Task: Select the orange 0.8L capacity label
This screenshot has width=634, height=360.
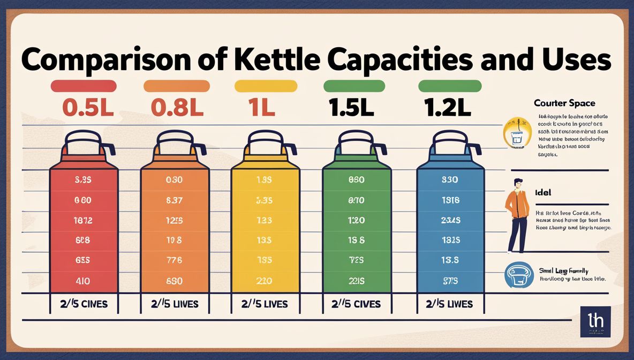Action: coord(177,108)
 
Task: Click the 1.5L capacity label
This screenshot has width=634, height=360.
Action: coord(351,108)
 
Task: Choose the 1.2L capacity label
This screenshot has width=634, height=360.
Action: coord(447,108)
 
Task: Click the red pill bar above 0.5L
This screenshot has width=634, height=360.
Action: coord(83,86)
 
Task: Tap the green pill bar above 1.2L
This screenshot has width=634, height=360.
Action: coord(450,86)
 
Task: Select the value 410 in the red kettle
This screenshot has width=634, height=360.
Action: coord(83,280)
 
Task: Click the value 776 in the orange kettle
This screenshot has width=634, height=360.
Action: coord(175,260)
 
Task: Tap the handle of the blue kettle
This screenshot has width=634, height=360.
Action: coord(476,150)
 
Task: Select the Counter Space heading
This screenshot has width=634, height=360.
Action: coord(564,103)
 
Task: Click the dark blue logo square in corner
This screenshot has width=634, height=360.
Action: coord(595,322)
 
